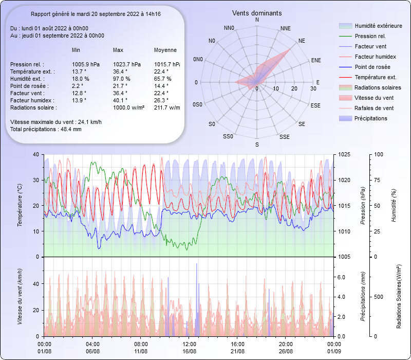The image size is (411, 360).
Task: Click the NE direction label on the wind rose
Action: click(x=302, y=40)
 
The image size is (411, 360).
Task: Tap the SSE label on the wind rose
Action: click(x=284, y=137)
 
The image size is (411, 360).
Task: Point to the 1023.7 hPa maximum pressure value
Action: click(x=126, y=64)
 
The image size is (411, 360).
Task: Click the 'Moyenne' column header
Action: click(x=165, y=50)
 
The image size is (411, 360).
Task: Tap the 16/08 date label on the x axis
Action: click(x=190, y=351)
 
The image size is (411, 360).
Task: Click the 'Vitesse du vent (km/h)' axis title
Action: click(x=20, y=296)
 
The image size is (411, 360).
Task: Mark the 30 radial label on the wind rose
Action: click(x=313, y=89)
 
